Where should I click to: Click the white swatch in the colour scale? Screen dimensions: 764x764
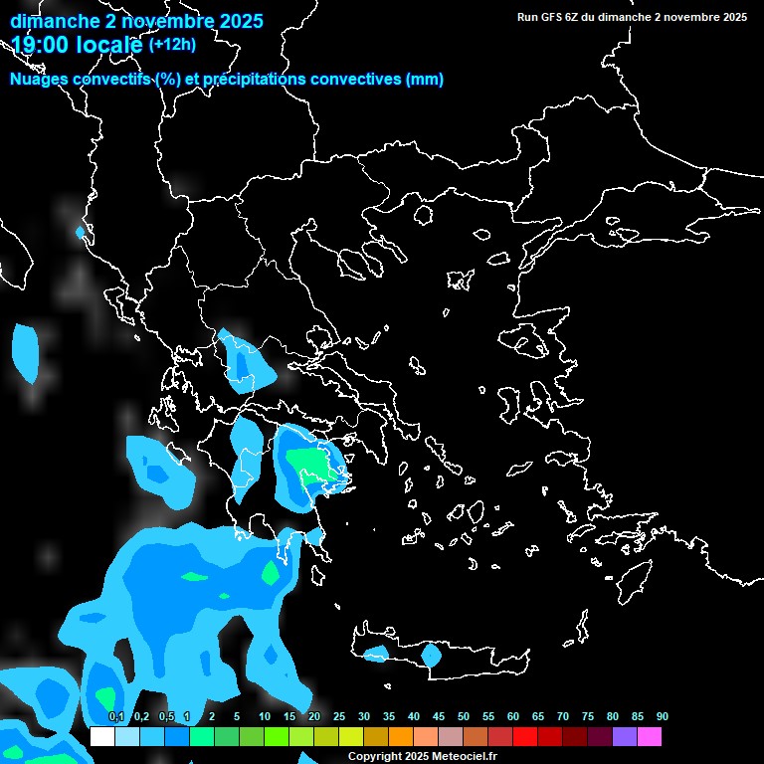(101, 737)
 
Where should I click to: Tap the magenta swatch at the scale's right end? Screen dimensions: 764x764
(650, 737)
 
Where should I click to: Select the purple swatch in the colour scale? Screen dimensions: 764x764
(625, 737)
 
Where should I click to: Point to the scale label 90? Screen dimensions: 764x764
(663, 716)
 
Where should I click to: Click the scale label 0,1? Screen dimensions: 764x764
(116, 716)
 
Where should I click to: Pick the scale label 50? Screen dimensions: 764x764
(464, 716)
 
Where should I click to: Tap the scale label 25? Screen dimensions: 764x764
(338, 716)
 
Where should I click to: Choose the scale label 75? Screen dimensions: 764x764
(588, 716)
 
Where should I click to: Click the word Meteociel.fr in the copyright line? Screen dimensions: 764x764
(465, 757)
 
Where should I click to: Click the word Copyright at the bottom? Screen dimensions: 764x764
(374, 757)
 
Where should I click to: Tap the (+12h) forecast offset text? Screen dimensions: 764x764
(172, 44)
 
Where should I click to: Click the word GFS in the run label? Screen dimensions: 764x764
(554, 17)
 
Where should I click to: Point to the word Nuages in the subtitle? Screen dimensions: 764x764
(38, 80)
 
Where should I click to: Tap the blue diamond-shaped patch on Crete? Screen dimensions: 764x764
(431, 655)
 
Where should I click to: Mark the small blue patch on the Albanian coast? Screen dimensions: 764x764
(81, 233)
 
